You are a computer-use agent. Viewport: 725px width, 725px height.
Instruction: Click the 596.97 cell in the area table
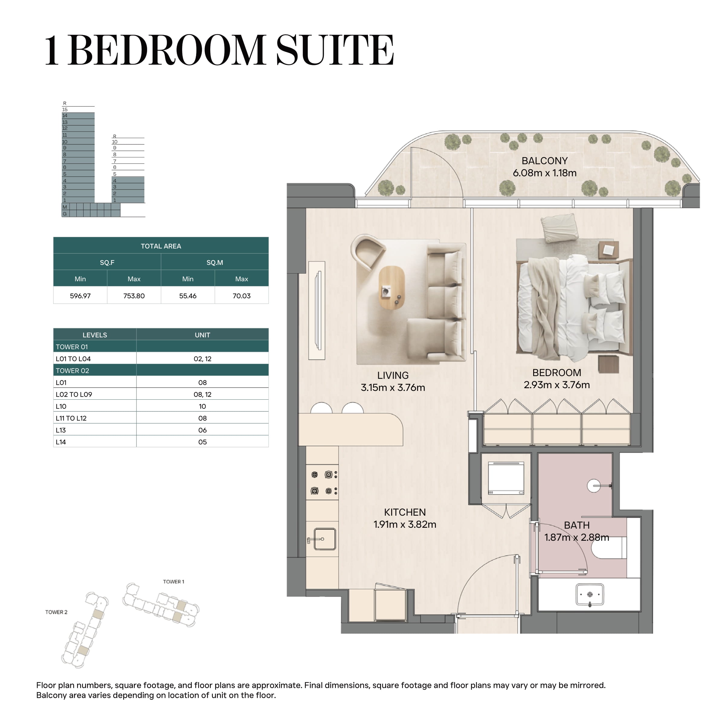(80, 296)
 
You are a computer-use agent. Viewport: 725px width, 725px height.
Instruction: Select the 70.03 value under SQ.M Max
(242, 296)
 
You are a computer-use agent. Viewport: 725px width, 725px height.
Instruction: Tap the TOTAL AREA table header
(161, 246)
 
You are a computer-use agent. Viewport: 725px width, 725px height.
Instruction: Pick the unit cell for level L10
(203, 406)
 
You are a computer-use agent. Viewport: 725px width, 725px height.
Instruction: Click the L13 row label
(61, 430)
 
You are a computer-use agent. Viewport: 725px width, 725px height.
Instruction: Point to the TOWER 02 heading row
(161, 370)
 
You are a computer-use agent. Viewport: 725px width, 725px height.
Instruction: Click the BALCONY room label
(544, 161)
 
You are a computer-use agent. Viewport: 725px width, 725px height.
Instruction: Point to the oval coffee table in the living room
(392, 288)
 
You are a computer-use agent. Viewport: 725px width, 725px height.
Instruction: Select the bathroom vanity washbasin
(590, 595)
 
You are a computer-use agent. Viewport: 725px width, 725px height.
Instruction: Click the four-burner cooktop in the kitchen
(322, 483)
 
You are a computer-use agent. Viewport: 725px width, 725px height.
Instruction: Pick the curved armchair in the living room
(368, 251)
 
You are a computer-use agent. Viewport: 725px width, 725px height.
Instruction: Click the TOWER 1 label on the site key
(173, 582)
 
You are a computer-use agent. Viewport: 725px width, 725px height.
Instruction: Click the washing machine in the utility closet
(506, 478)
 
